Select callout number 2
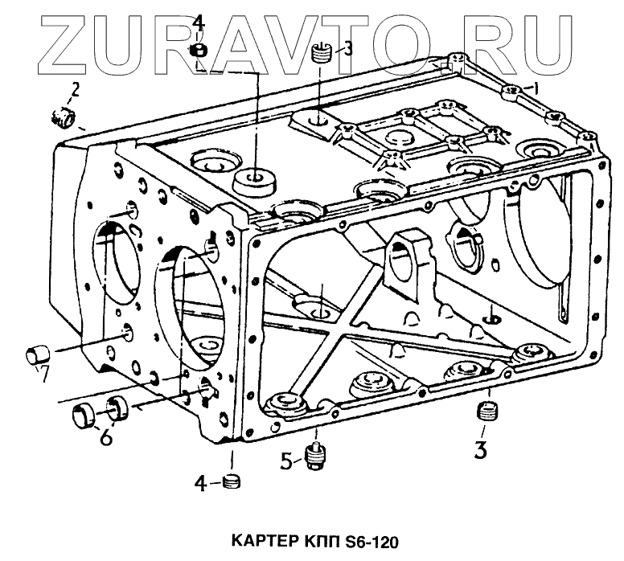tap(75, 88)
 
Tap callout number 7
tap(44, 374)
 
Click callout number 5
tap(287, 461)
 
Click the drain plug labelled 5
tap(315, 456)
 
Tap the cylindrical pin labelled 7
tap(37, 353)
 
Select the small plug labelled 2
tap(60, 118)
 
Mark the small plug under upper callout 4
tap(199, 52)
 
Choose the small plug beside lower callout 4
tap(231, 482)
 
